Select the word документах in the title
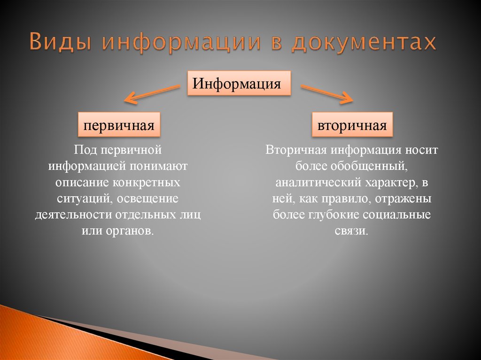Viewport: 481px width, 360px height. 364,42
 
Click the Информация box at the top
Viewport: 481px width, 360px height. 239,83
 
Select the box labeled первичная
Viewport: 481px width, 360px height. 119,124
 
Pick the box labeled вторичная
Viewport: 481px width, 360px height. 352,124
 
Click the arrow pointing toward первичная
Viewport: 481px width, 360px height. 152,93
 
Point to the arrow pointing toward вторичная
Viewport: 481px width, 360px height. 327,94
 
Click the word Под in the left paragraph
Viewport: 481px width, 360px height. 85,150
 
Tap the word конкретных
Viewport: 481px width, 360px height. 147,182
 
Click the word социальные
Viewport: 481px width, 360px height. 396,214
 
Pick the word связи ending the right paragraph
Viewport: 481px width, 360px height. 350,230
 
